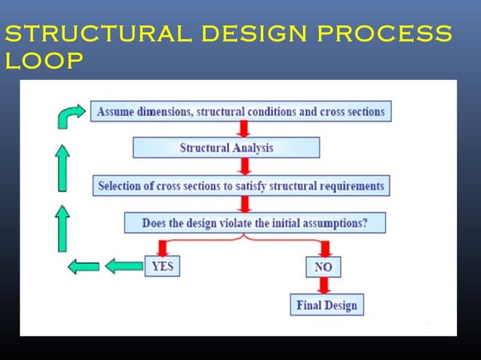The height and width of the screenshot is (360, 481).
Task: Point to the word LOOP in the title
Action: click(44, 61)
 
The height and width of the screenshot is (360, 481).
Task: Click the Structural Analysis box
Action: click(226, 148)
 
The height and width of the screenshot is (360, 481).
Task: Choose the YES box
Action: click(162, 265)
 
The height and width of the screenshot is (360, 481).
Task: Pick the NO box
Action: click(323, 267)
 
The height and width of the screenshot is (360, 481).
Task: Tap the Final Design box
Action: click(326, 305)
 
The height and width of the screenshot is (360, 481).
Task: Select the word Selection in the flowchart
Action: click(123, 185)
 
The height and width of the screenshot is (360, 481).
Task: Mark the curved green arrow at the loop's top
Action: click(72, 115)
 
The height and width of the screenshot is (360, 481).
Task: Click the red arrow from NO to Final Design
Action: click(324, 285)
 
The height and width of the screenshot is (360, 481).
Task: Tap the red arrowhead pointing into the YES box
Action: click(162, 249)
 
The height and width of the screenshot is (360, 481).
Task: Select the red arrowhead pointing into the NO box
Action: click(325, 249)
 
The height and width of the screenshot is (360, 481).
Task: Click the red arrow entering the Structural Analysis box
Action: click(244, 129)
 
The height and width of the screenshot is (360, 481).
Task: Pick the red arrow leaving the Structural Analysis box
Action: click(244, 166)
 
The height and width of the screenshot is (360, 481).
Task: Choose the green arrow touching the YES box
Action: click(124, 265)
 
